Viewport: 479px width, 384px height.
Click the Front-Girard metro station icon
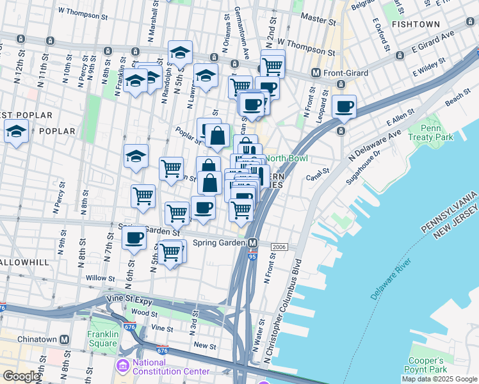coord(316,73)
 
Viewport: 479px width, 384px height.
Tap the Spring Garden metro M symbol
coord(254,243)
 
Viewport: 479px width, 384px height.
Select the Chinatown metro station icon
coord(64,339)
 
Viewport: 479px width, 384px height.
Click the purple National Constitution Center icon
coord(122,365)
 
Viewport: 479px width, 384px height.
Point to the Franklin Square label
coord(103,339)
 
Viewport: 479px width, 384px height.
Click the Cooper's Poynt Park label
coord(428,365)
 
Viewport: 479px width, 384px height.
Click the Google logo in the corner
coord(21,376)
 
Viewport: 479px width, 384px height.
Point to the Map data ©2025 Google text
coord(439,379)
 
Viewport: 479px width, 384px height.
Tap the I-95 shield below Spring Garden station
coord(252,255)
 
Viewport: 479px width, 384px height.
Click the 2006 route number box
coord(279,247)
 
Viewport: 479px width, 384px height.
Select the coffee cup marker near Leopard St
coord(345,106)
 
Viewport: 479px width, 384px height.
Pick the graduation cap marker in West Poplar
coord(16,132)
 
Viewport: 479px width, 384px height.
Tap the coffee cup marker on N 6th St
coord(134,237)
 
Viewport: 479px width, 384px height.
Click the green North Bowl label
coord(287,159)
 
